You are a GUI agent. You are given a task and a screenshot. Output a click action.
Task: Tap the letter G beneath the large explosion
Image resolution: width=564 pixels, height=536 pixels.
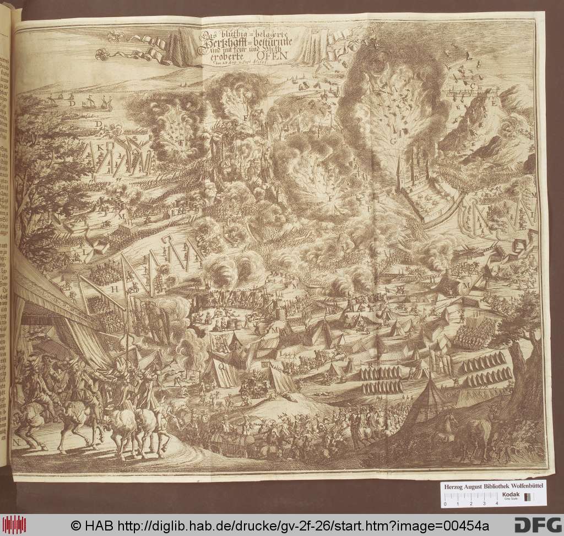click(x=393, y=141)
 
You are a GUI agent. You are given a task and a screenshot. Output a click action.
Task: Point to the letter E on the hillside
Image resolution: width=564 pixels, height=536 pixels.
click(x=494, y=103)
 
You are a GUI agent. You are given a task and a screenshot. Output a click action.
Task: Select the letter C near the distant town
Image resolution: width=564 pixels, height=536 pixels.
click(x=472, y=86)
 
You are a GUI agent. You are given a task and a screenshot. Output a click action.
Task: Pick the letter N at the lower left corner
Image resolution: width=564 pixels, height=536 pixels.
click(x=18, y=442)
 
